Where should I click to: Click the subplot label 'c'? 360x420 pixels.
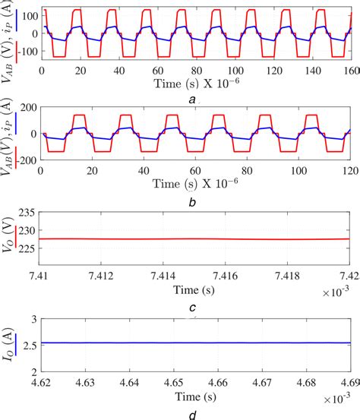point(196,307)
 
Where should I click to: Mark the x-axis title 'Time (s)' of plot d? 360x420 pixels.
point(196,396)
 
